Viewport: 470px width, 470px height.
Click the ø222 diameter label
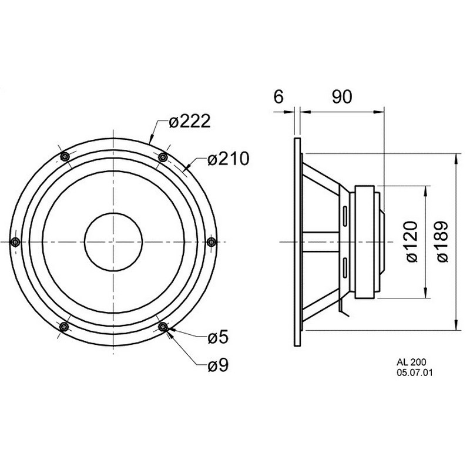(189, 122)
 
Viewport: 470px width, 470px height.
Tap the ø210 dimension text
(228, 159)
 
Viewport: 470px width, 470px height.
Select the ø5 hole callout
(218, 337)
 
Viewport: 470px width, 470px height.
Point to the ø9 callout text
(218, 365)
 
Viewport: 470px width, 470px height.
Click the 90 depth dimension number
(342, 97)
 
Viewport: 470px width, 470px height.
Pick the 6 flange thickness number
(278, 97)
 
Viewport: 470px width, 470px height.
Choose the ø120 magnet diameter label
(412, 241)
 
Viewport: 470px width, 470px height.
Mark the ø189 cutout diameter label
(441, 241)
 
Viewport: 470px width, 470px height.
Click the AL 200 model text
(411, 362)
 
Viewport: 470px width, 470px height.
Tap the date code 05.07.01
(415, 372)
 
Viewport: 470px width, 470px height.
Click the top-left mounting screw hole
(65, 156)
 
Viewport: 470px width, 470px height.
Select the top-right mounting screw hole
(163, 157)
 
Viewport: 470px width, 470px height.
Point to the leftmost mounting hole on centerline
(15, 241)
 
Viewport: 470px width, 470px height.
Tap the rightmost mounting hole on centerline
(211, 241)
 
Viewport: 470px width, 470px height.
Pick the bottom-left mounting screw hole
(64, 327)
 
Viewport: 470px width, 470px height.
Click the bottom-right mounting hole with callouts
(163, 327)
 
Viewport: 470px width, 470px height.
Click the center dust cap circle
(113, 241)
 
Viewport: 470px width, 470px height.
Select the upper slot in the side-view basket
(345, 216)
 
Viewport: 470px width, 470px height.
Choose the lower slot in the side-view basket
(345, 267)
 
